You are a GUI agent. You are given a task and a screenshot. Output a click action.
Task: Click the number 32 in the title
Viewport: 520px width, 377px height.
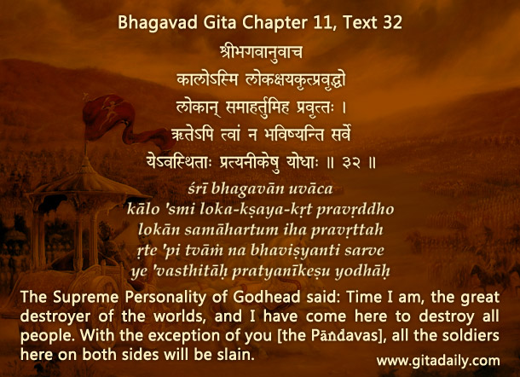[393, 22]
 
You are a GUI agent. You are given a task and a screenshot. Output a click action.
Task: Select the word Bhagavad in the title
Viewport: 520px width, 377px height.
[155, 23]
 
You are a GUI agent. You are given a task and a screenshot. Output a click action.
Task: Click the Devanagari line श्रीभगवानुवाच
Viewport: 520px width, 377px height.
[261, 52]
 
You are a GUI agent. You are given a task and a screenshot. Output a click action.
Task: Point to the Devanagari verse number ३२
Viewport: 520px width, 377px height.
[351, 163]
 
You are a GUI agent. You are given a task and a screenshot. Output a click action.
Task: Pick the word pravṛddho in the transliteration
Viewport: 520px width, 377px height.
[355, 210]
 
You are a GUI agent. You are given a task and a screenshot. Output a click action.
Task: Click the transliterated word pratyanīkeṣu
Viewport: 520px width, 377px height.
[280, 271]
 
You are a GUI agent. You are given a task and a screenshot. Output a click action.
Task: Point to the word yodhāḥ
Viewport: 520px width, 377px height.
[362, 271]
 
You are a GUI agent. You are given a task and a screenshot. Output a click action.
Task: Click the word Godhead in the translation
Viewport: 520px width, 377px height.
[267, 297]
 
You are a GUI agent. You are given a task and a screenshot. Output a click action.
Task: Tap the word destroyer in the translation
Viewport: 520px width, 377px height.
[55, 316]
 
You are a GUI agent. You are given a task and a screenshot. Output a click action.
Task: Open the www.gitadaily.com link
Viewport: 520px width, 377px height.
[438, 361]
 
